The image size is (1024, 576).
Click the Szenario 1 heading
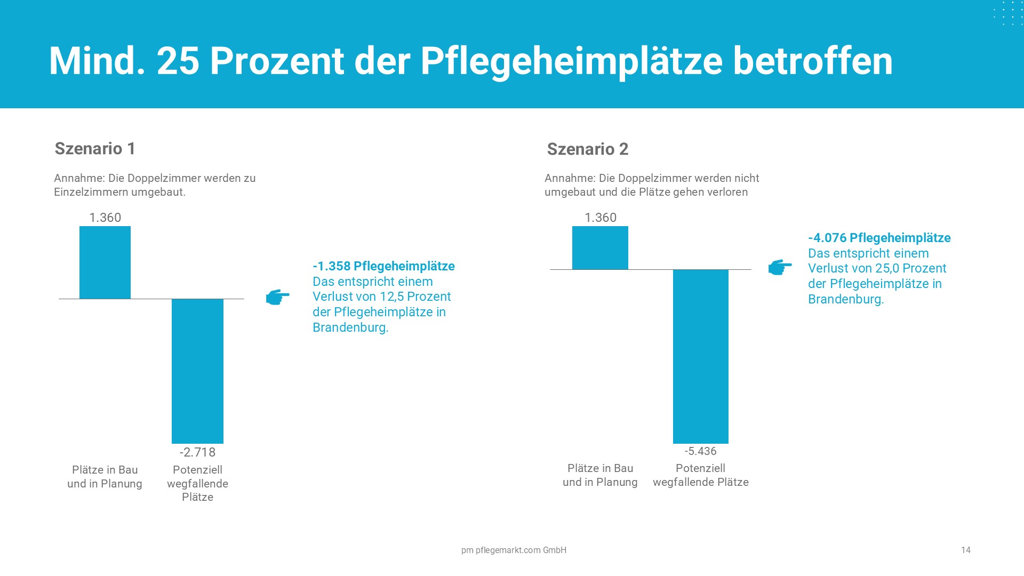(95, 148)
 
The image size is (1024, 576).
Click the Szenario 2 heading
(587, 149)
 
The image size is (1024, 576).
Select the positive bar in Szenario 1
(105, 262)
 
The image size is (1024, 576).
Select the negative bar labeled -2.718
(197, 371)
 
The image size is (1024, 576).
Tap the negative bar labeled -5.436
(700, 356)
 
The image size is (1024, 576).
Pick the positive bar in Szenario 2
(600, 248)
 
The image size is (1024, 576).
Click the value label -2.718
(197, 452)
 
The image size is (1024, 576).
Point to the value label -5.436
(700, 451)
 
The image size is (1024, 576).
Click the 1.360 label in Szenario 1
(105, 218)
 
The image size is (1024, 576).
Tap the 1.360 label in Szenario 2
(600, 218)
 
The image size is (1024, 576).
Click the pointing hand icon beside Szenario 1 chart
(277, 297)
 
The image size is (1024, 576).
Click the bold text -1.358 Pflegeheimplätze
(383, 266)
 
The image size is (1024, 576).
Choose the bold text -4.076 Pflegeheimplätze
(879, 238)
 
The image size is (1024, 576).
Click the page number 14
(965, 550)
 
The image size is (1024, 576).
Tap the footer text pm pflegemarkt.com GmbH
(514, 550)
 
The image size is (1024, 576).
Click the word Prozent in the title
(277, 61)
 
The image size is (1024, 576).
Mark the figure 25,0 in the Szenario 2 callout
(888, 268)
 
